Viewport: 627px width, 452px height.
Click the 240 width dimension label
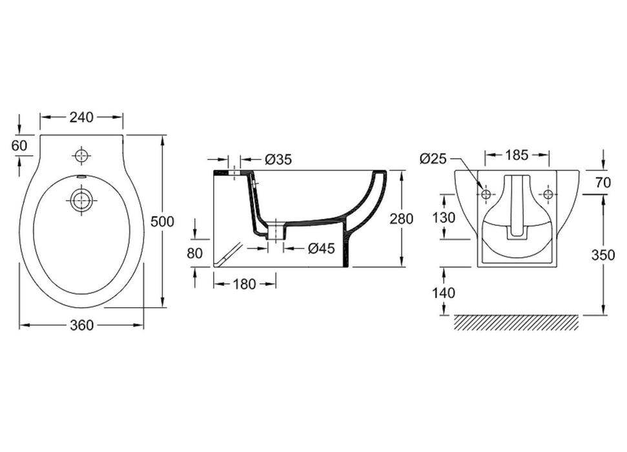pyautogui.click(x=81, y=117)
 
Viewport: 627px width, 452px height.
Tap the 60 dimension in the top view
pyautogui.click(x=19, y=145)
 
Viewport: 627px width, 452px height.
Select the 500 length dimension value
pyautogui.click(x=162, y=221)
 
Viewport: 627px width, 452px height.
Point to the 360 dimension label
pyautogui.click(x=81, y=325)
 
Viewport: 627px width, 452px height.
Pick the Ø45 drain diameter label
pyautogui.click(x=321, y=248)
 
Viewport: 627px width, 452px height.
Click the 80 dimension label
pyautogui.click(x=194, y=253)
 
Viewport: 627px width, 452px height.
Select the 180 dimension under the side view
pyautogui.click(x=243, y=284)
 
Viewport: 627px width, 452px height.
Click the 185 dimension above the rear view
pyautogui.click(x=517, y=155)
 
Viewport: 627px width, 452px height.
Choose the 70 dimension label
pyautogui.click(x=603, y=182)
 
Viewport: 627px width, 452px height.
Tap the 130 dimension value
pyautogui.click(x=444, y=218)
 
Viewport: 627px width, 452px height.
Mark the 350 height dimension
pyautogui.click(x=603, y=254)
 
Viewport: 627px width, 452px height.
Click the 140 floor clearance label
pyautogui.click(x=444, y=293)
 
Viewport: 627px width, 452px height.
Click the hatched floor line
pyautogui.click(x=517, y=322)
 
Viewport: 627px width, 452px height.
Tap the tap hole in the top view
pyautogui.click(x=81, y=156)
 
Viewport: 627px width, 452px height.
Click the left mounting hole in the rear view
pyautogui.click(x=486, y=194)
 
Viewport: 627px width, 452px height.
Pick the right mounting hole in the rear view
pyautogui.click(x=548, y=194)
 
